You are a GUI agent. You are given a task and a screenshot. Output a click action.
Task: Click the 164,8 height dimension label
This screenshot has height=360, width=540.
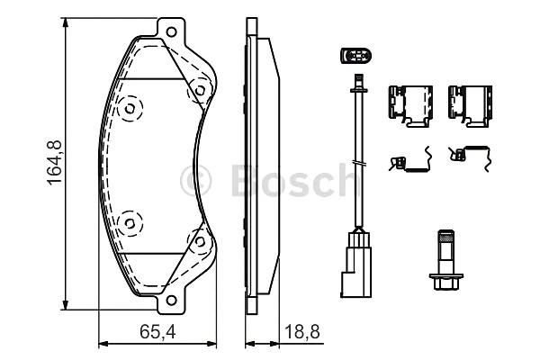55,163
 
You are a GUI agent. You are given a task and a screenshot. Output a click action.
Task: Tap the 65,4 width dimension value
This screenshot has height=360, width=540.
157,332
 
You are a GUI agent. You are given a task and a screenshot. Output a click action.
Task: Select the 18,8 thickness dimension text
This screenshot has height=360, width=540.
302,332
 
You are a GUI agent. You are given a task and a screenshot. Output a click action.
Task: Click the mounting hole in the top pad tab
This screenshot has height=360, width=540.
171,32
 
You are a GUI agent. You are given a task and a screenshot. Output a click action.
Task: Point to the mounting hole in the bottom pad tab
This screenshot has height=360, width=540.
171,300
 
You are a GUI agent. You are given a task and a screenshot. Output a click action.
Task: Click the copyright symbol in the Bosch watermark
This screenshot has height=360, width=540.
195,181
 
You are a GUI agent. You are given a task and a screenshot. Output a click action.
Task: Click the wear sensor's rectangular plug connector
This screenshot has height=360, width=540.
356,265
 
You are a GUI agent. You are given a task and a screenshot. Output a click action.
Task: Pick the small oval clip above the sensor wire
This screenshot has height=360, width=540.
356,56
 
